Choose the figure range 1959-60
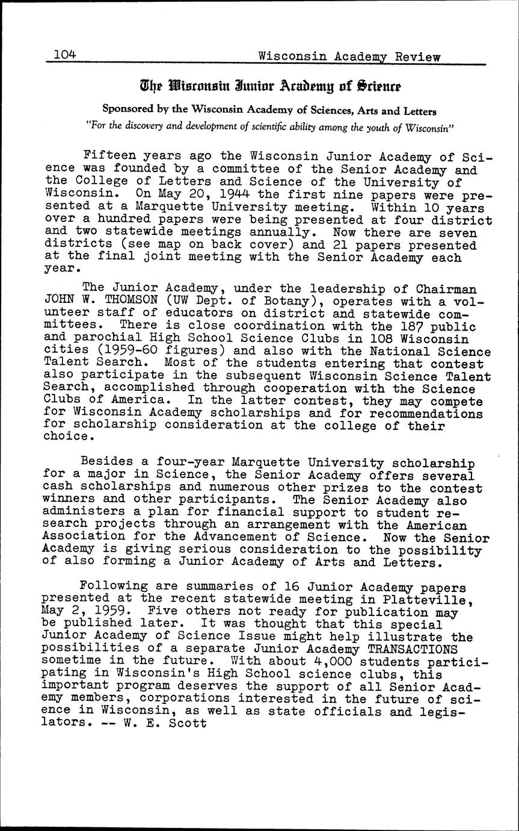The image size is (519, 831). (141, 351)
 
